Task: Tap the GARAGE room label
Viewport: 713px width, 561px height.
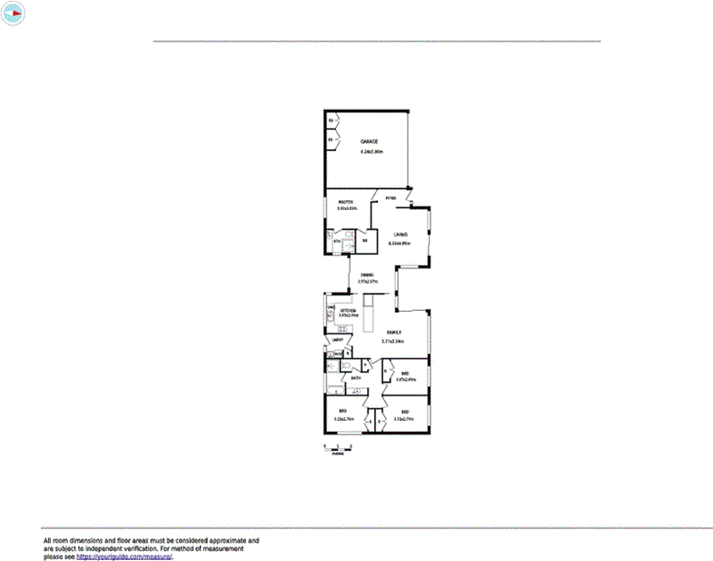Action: point(369,142)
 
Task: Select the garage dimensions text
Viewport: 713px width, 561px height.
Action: point(369,152)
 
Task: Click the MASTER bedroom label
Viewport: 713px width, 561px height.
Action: point(346,201)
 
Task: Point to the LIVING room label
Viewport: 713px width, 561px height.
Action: point(400,235)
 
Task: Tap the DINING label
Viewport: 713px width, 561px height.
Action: point(367,274)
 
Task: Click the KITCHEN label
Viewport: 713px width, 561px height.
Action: point(349,310)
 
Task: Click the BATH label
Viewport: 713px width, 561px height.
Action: point(358,377)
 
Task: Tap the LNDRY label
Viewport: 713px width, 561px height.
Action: point(335,340)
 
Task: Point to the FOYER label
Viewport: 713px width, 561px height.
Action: point(391,197)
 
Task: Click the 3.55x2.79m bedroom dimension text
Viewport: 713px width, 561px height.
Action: point(404,419)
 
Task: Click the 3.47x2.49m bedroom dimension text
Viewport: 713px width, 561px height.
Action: point(405,380)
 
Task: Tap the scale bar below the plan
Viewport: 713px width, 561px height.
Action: point(332,446)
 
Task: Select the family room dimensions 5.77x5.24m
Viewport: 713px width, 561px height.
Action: point(392,341)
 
